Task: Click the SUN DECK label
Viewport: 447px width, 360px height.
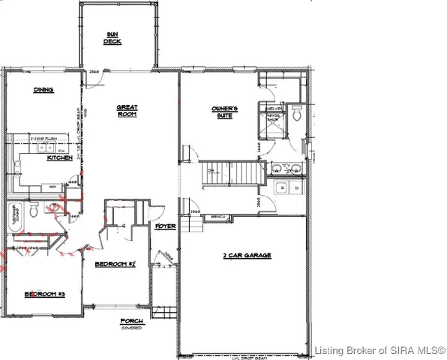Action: (x=112, y=38)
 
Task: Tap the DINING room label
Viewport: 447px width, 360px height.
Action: (x=43, y=89)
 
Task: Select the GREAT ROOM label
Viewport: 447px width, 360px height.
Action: (x=126, y=112)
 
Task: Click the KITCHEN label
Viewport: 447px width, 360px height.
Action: (x=59, y=158)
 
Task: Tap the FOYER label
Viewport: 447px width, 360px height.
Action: (x=165, y=226)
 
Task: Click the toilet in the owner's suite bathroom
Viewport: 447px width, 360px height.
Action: (x=297, y=115)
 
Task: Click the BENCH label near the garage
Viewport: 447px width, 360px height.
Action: (x=219, y=217)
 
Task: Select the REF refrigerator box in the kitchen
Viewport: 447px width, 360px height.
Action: (x=55, y=184)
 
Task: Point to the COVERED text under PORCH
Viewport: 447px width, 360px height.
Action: (x=132, y=328)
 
